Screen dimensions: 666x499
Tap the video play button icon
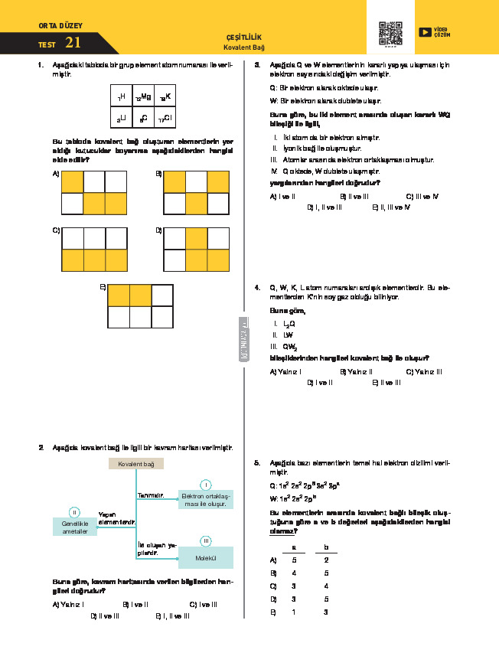point(424,32)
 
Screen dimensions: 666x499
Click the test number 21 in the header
point(73,43)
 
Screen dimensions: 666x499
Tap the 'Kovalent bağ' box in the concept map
point(136,464)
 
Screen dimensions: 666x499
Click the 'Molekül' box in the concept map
point(205,558)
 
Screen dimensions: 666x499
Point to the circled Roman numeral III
point(206,541)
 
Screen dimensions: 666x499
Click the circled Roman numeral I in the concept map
point(206,485)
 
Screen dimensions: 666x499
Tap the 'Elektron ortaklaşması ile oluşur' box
point(205,499)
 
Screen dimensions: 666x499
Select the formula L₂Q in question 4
point(289,324)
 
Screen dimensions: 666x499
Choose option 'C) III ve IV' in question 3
point(422,196)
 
